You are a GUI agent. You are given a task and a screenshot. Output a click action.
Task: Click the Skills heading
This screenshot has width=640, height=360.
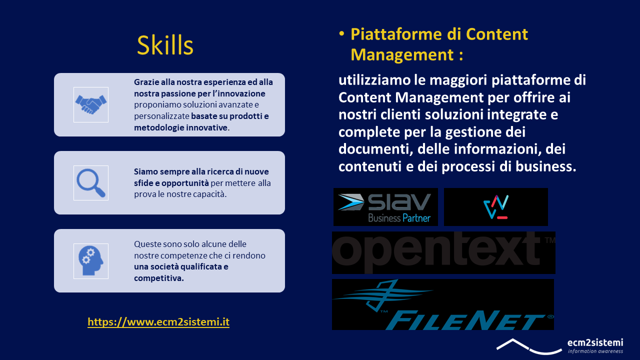coord(165,45)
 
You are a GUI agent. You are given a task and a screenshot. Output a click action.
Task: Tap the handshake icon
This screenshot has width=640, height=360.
coord(91,104)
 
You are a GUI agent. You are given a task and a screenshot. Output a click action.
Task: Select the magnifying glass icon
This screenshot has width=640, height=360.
coord(91,183)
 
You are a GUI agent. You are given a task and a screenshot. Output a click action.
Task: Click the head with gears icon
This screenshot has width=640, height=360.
coord(91,261)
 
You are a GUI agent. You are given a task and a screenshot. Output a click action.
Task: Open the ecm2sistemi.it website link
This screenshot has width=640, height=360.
coord(158,321)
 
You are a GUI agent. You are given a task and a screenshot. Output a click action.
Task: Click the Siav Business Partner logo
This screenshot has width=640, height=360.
coord(385,207)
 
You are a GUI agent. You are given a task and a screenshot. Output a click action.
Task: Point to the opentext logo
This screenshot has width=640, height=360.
coord(443,252)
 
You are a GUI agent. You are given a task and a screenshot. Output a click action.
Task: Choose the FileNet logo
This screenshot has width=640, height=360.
coord(443,304)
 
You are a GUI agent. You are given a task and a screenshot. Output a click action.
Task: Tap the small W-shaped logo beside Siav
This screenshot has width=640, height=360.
coord(495,207)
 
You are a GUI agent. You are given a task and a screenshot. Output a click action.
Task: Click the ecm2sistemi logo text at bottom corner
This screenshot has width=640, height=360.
coord(595,342)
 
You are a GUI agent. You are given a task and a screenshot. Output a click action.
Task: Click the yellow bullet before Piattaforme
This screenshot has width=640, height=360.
coord(341,34)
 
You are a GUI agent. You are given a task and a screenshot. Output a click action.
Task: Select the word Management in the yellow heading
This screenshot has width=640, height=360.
coord(402,54)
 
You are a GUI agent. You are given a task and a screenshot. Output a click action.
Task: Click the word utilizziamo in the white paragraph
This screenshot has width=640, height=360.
coord(374,80)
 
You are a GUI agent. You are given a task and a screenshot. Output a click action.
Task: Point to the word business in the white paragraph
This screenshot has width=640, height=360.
coord(545,166)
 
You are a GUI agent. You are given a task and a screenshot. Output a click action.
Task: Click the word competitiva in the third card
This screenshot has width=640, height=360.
coord(159,278)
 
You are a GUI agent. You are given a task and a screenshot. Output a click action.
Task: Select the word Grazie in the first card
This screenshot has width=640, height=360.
coord(146,82)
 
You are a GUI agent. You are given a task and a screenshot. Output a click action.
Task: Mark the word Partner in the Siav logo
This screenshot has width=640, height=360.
coord(416,218)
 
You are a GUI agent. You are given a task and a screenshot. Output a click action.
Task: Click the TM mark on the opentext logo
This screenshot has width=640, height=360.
coord(549,240)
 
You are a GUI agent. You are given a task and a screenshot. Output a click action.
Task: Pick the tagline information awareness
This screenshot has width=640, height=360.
coord(595,351)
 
